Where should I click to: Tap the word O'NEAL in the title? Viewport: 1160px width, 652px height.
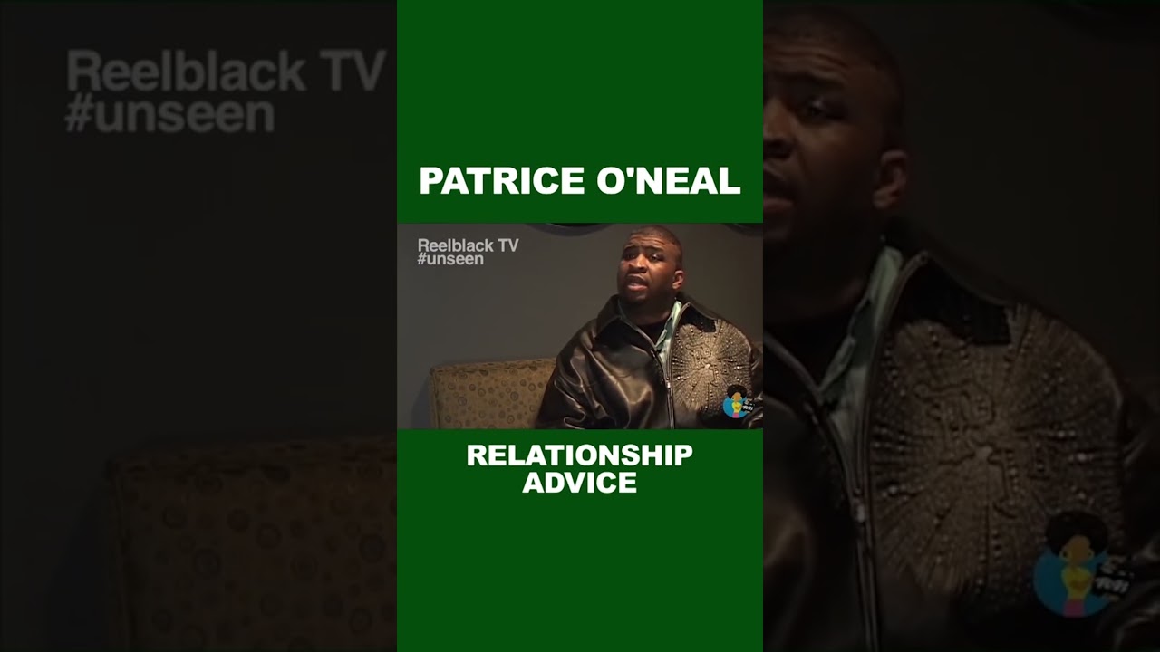click(x=668, y=181)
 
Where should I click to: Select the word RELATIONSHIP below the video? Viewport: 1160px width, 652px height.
click(x=579, y=455)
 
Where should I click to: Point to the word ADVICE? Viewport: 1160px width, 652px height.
click(x=579, y=483)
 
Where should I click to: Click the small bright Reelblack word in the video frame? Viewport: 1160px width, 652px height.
click(x=454, y=245)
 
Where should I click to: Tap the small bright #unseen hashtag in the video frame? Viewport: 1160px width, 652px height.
click(x=450, y=259)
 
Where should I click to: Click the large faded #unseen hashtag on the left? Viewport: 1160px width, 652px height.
click(x=169, y=116)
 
